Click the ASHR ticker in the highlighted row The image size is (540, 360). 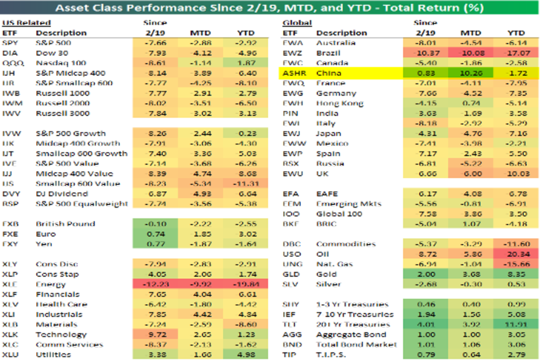click(292, 73)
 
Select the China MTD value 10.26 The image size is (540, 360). click(470, 73)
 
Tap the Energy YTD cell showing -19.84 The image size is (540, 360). click(246, 284)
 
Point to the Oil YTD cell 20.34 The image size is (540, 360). click(516, 254)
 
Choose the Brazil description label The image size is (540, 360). click(328, 53)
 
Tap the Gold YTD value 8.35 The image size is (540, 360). click(516, 274)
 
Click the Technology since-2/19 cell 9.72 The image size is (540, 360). click(155, 335)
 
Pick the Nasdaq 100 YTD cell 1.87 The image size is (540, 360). click(246, 63)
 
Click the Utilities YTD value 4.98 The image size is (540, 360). click(246, 355)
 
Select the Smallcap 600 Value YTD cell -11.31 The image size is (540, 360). click(246, 184)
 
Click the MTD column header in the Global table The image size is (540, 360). click(470, 33)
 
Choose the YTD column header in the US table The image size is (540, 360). click(246, 33)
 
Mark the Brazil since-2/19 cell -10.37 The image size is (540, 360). click(425, 53)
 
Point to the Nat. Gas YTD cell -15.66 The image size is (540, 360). click(516, 264)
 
